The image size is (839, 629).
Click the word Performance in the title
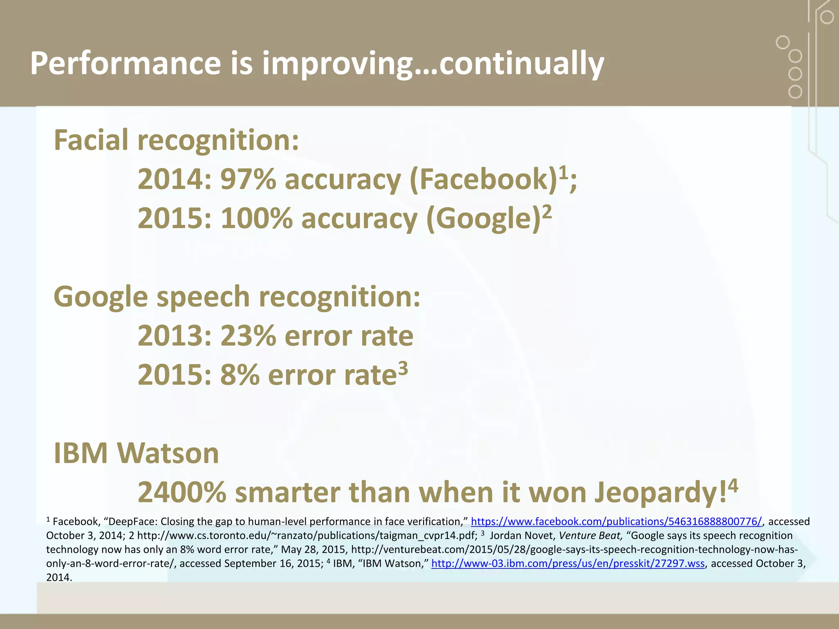(x=125, y=63)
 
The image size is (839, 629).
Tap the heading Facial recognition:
(x=176, y=140)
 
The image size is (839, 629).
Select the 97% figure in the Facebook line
(x=248, y=179)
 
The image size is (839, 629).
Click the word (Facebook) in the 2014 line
(x=483, y=179)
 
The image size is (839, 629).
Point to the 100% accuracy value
(x=256, y=218)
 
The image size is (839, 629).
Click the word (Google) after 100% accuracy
(x=483, y=218)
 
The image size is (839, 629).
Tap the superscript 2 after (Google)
(x=547, y=212)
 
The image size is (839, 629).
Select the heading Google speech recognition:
(x=237, y=296)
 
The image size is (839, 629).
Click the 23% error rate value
(x=248, y=336)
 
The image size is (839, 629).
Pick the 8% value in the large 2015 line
(x=240, y=375)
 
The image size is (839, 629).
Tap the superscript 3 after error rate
(x=403, y=368)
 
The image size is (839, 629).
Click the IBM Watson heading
(x=136, y=453)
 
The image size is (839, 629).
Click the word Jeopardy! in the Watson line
(x=660, y=492)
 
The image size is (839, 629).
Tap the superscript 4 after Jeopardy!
(x=733, y=486)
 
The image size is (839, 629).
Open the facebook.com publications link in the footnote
(x=616, y=521)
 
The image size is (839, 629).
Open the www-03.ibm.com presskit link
(x=568, y=563)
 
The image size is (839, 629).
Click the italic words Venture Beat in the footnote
(x=590, y=536)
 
